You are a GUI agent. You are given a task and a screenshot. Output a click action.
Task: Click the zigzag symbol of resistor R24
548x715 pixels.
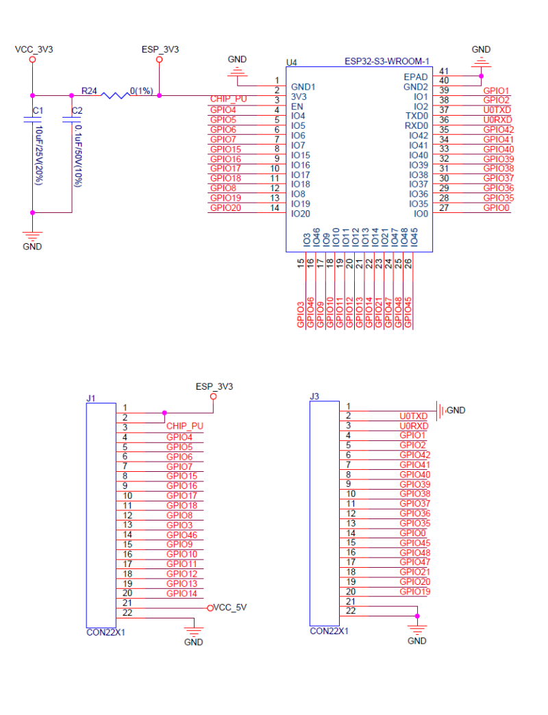[x=114, y=95]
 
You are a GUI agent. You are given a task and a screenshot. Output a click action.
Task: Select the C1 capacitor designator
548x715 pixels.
[x=38, y=110]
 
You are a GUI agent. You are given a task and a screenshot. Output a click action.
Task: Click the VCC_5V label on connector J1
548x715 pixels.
[x=229, y=607]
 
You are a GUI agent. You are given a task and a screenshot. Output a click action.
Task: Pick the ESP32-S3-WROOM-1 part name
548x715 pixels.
[x=387, y=62]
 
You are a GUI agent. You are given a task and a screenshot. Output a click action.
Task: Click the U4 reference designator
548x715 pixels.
[x=292, y=62]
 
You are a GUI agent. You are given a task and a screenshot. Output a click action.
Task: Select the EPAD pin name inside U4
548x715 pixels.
[x=416, y=77]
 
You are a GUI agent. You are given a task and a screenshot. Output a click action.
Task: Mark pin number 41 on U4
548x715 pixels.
[x=444, y=71]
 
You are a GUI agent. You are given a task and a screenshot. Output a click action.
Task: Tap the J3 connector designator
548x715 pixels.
[x=314, y=396]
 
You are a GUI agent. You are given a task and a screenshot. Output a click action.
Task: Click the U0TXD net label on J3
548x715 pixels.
[x=413, y=416]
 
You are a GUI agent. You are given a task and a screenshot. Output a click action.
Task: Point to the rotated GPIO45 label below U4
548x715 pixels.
[x=409, y=314]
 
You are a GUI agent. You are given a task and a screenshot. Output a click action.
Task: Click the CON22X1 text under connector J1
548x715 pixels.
[x=105, y=632]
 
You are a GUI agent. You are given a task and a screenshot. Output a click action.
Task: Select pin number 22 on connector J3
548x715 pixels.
[x=351, y=610]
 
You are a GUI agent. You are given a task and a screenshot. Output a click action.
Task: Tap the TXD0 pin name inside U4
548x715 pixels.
[x=416, y=116]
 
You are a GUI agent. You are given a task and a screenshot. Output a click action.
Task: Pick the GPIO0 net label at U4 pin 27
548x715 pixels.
[x=496, y=208]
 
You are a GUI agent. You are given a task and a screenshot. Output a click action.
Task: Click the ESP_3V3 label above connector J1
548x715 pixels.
[x=214, y=386]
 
